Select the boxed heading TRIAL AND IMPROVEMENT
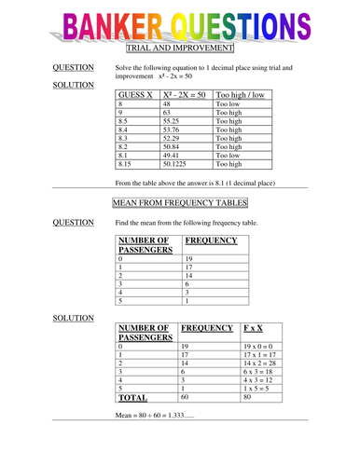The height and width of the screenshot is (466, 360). [x=179, y=48]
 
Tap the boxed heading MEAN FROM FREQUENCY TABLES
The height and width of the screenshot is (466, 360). [x=180, y=202]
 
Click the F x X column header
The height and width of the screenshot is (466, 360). [x=253, y=328]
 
